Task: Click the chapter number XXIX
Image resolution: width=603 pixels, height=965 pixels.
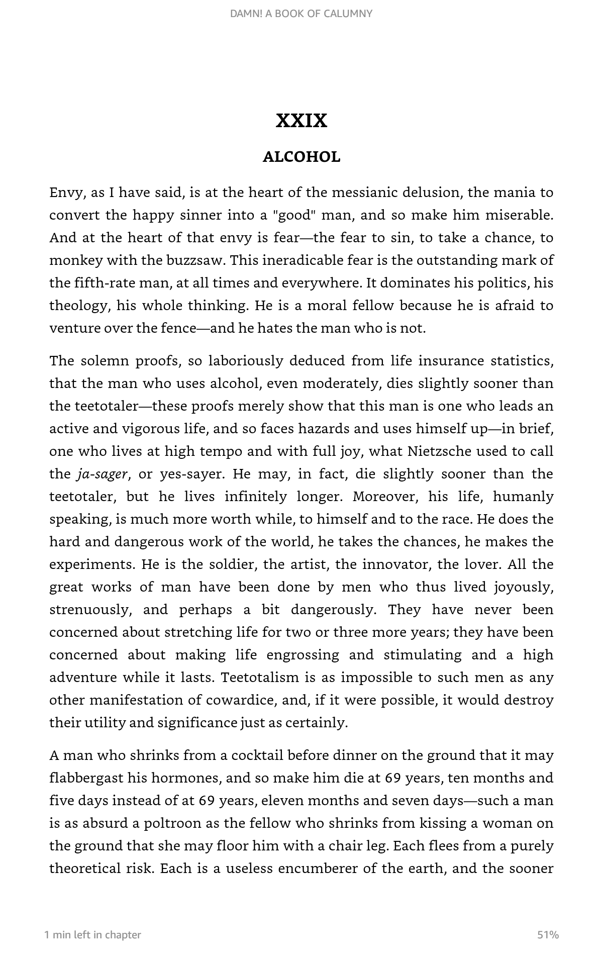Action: (301, 121)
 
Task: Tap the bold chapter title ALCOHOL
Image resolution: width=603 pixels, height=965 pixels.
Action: (301, 157)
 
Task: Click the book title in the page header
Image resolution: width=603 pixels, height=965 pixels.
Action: (301, 14)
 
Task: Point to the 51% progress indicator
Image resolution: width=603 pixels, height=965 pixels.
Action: (548, 935)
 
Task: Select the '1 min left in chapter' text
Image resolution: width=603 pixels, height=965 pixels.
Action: (93, 935)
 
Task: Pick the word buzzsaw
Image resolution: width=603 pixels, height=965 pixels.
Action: (196, 260)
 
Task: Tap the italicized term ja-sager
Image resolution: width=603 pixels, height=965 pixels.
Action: (103, 474)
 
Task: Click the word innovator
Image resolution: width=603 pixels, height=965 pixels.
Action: (394, 564)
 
